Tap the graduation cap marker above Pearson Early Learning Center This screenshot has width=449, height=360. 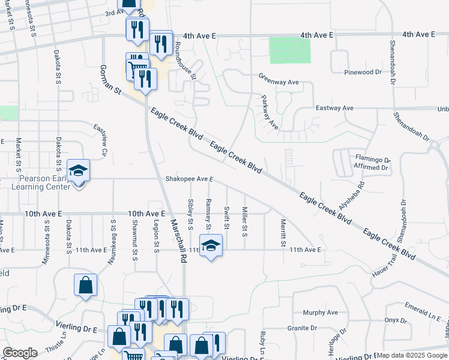(78, 170)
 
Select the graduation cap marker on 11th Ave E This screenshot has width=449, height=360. (211, 245)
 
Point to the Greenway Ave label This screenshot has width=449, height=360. (279, 81)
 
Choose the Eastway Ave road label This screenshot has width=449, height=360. (334, 108)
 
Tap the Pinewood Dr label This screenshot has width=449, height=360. (363, 72)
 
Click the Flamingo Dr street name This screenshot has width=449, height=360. (373, 160)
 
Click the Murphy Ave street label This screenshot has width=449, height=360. (321, 313)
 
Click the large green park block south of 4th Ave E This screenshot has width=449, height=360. (287, 50)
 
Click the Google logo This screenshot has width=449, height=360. (20, 353)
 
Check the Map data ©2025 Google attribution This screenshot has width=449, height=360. (412, 355)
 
